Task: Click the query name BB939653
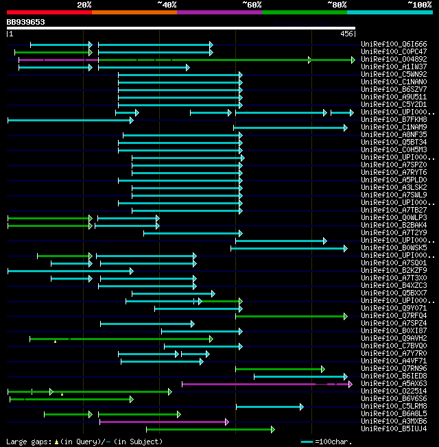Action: click(26, 22)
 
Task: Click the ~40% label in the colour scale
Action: click(167, 5)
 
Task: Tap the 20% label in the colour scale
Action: click(84, 5)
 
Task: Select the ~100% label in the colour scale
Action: click(419, 5)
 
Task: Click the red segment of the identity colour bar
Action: click(49, 12)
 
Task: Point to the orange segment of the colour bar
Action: click(134, 12)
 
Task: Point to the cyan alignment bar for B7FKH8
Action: click(69, 120)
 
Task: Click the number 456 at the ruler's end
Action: click(346, 34)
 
